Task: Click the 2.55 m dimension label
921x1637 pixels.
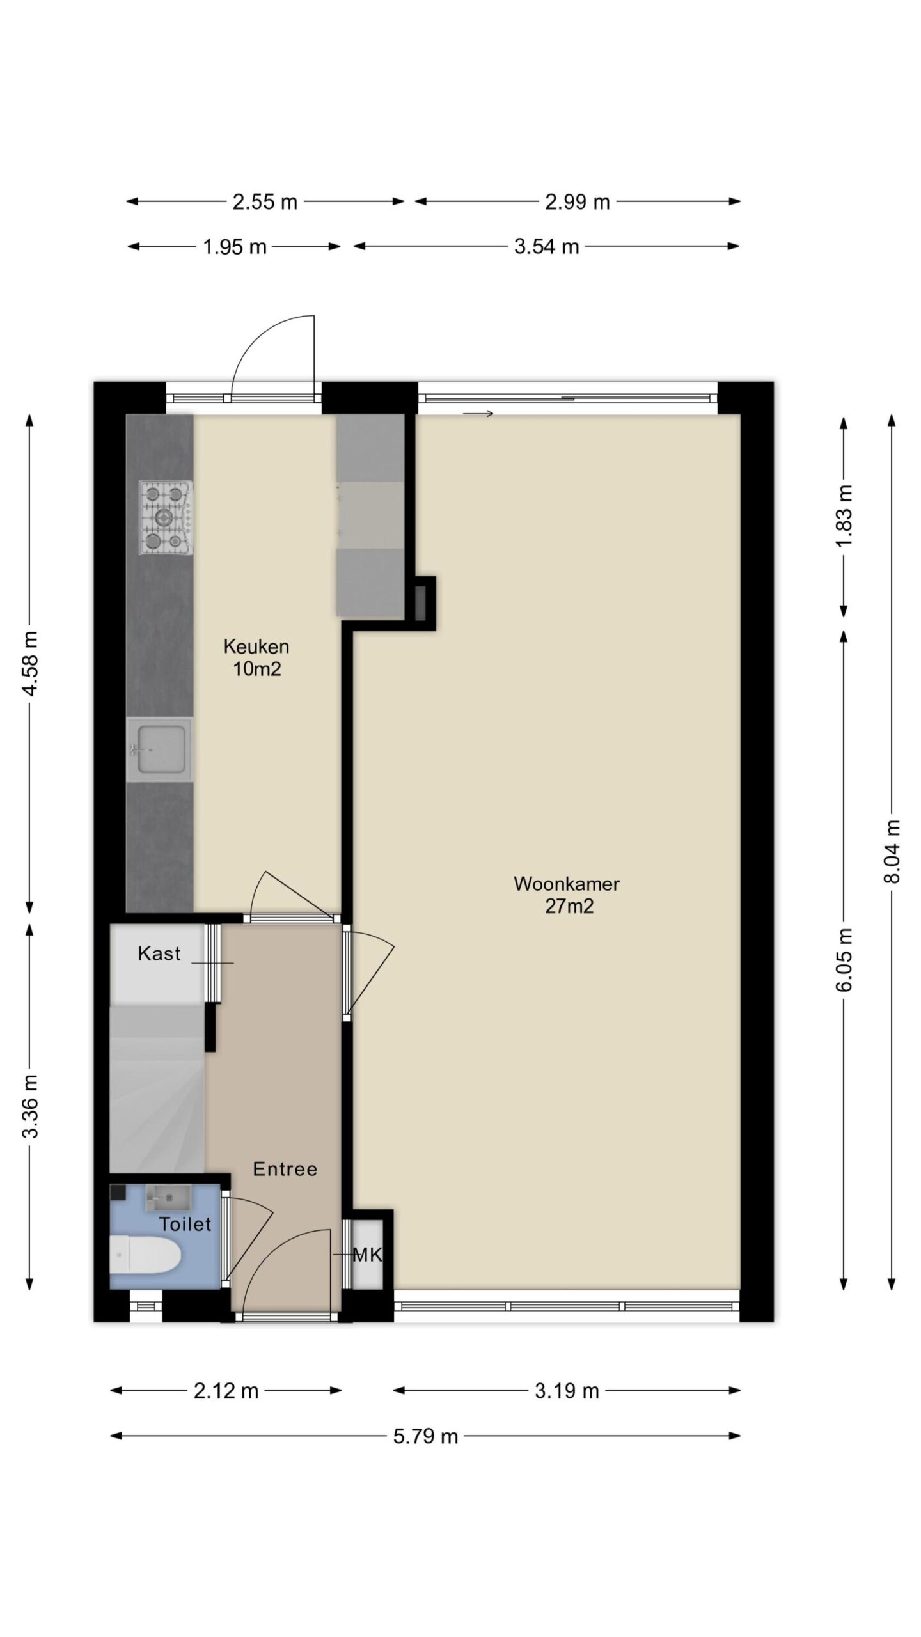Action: [x=265, y=202]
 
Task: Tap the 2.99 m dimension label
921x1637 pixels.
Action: [x=577, y=202]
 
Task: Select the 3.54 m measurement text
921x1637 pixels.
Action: [x=546, y=247]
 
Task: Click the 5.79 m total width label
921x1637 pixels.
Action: [x=425, y=1436]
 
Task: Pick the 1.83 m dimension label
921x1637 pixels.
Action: [x=844, y=515]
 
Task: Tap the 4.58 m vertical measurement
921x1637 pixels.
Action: [x=30, y=662]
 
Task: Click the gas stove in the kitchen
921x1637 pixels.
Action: [x=166, y=518]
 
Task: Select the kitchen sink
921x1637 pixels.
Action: [x=160, y=749]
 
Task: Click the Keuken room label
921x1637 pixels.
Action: [x=256, y=646]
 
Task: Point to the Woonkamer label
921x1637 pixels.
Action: [x=567, y=884]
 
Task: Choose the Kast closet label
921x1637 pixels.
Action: [x=159, y=953]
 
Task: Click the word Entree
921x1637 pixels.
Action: [x=285, y=1169]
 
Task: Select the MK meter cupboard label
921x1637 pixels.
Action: [x=368, y=1255]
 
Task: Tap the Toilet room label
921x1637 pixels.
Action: [x=185, y=1224]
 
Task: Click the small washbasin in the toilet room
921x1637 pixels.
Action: [x=168, y=1198]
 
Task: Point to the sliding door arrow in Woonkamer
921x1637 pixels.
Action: [x=478, y=414]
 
